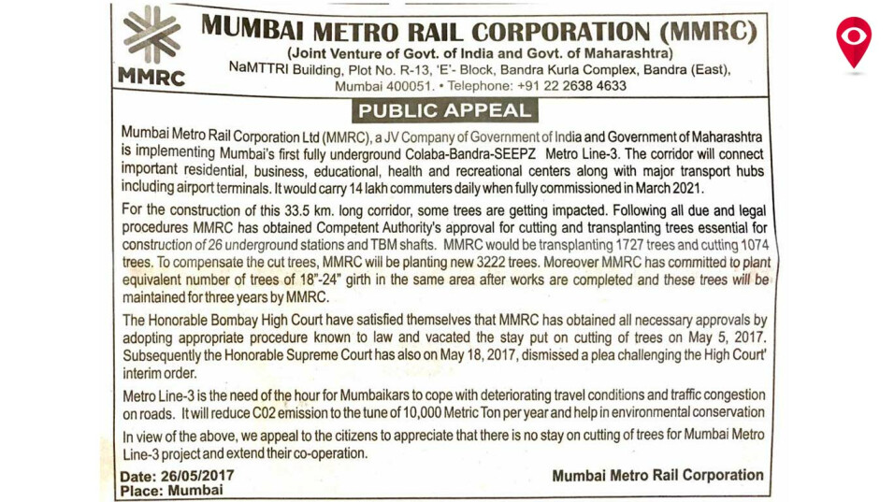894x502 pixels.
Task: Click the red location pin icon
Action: pyautogui.click(x=853, y=40)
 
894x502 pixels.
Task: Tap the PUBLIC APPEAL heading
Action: pyautogui.click(x=444, y=110)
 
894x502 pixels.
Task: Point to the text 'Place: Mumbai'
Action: pyautogui.click(x=172, y=490)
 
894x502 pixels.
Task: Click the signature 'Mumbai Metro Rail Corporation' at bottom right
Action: pyautogui.click(x=657, y=475)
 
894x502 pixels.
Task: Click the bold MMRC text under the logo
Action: pyautogui.click(x=151, y=78)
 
